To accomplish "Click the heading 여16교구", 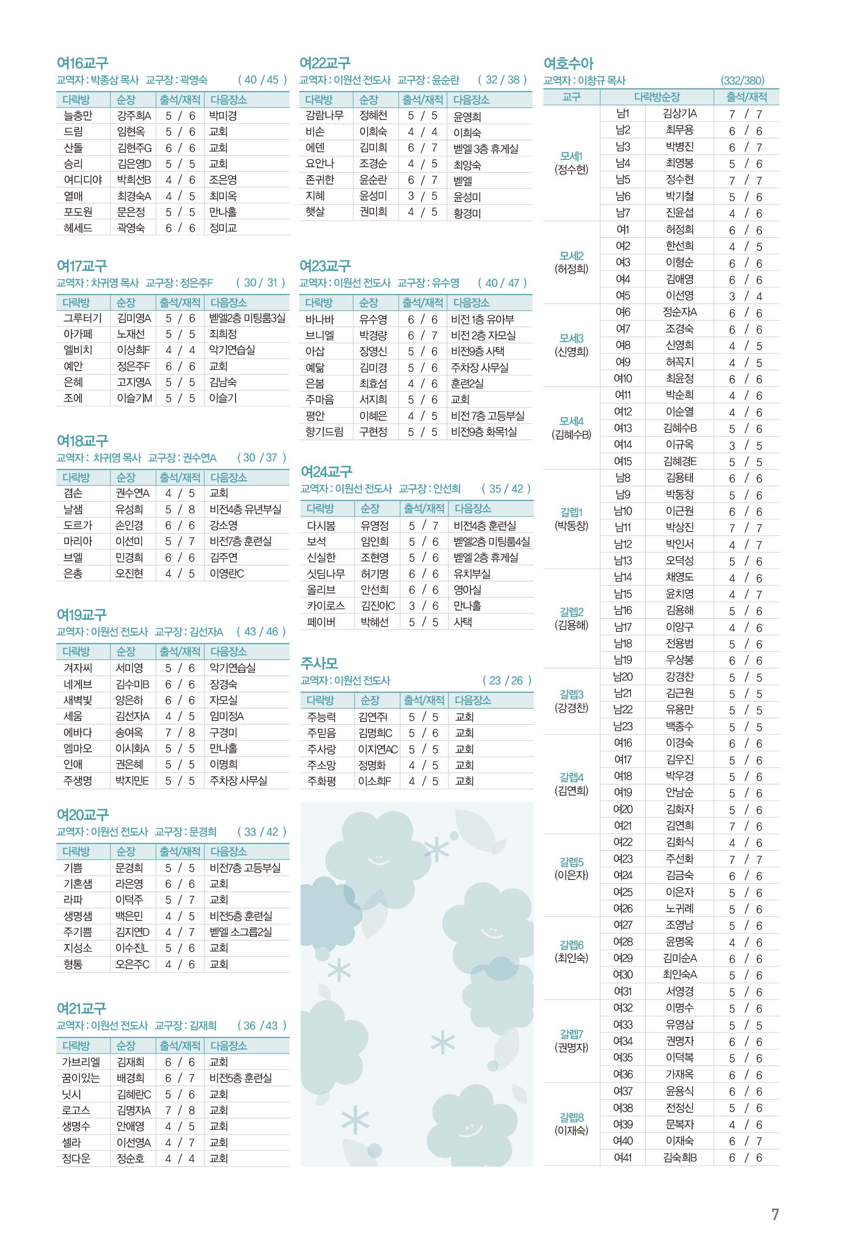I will [82, 64].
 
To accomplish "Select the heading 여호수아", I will [568, 64].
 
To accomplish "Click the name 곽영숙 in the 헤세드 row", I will [131, 228].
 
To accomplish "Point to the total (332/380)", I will [742, 80].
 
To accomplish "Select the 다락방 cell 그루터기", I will [82, 318].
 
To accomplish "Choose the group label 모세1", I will [571, 156].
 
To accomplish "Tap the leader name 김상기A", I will [679, 114].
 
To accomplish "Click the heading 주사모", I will [319, 663].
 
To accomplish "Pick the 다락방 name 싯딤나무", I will [326, 573].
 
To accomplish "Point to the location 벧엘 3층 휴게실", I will [486, 149].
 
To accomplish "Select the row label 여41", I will [623, 1158].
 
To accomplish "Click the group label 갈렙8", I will [571, 1117].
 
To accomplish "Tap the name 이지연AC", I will [378, 749].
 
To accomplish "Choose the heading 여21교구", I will [81, 1008].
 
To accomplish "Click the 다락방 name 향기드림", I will [324, 432].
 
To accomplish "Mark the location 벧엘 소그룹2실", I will [240, 932].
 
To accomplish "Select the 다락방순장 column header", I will [657, 97].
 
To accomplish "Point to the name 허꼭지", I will [679, 362].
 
